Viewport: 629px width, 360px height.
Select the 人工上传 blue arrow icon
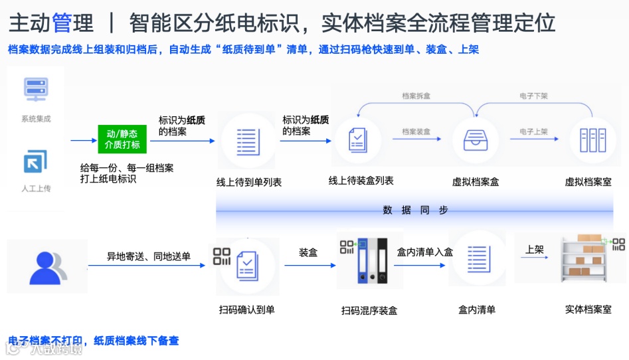[35, 161]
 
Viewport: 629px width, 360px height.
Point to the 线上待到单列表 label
[249, 182]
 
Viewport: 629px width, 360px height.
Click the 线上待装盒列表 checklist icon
[359, 139]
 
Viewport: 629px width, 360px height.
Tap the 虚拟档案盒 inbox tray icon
[475, 140]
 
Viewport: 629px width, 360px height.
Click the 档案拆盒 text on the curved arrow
[416, 96]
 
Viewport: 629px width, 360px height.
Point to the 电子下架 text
[533, 96]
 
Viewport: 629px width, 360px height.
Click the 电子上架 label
[533, 132]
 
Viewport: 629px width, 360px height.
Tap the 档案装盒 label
[416, 132]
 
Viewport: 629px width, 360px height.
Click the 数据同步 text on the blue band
[415, 211]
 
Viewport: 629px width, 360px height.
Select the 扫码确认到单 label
[246, 310]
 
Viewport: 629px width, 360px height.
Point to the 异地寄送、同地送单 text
[149, 256]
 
